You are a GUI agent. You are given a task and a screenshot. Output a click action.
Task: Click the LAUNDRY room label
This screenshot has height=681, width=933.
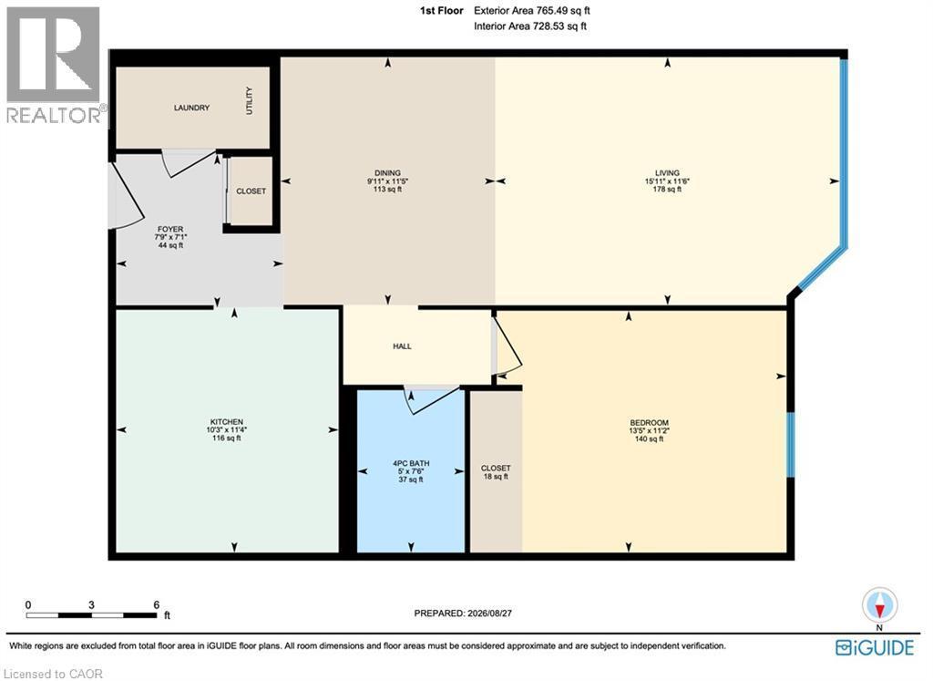click(191, 108)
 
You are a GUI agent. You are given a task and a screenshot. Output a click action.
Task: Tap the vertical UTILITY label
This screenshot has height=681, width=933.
click(249, 100)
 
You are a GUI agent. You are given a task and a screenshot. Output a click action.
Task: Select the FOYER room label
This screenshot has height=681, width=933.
click(170, 229)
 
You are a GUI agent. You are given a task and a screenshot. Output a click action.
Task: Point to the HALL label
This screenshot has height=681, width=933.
click(402, 346)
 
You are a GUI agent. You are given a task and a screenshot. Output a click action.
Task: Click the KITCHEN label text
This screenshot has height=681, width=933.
click(226, 422)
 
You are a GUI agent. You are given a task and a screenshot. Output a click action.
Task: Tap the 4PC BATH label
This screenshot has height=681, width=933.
click(411, 463)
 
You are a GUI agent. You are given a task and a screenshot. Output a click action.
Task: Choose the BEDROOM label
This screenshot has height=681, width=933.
click(649, 423)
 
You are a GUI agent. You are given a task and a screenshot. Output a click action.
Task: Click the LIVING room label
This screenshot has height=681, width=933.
click(667, 173)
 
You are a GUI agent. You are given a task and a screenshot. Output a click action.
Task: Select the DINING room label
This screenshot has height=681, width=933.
click(387, 173)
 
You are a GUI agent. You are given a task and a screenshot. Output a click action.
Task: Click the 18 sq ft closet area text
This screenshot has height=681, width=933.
click(496, 477)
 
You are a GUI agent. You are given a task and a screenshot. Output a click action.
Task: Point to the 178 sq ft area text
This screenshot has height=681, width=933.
click(667, 190)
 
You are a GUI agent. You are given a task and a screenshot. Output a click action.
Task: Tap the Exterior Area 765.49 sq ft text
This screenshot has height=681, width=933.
click(532, 11)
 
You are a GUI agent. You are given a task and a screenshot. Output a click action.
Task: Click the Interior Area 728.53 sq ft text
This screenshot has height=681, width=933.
click(530, 26)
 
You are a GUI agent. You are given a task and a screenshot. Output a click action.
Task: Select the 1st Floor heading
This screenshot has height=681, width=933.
click(442, 11)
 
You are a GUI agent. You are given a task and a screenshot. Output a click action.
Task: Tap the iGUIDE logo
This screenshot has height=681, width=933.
click(874, 647)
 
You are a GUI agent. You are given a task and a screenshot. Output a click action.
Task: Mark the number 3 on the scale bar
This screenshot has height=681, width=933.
click(91, 604)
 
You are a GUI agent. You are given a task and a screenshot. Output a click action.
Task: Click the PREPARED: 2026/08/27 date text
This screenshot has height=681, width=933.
click(463, 614)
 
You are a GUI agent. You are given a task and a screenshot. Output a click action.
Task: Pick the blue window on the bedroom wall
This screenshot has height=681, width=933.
click(790, 444)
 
